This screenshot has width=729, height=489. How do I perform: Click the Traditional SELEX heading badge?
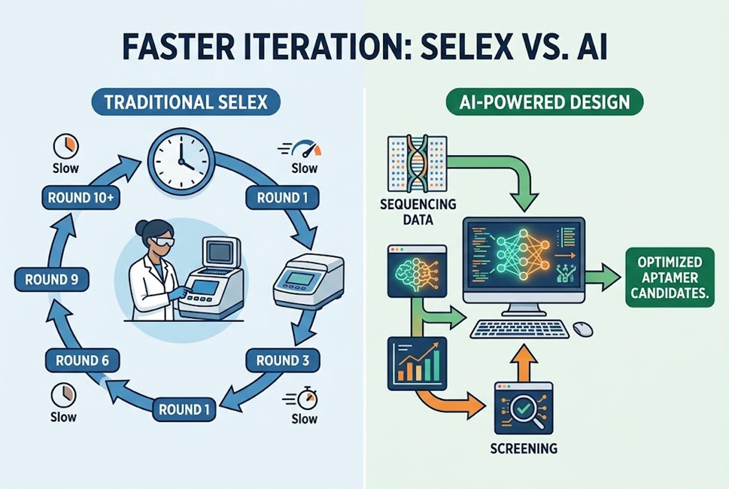[x=185, y=101]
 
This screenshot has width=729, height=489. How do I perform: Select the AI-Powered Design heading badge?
[x=544, y=101]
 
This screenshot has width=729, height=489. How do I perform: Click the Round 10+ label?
[x=81, y=198]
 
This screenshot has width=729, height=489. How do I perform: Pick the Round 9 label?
[x=51, y=279]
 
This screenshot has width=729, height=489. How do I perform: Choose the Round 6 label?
[x=82, y=360]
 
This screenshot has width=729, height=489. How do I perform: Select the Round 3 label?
[x=282, y=360]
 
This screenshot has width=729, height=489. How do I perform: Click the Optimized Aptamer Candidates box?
[x=669, y=277]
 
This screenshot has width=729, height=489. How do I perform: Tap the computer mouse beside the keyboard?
[x=582, y=329]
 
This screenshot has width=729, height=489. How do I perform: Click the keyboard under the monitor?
[x=519, y=329]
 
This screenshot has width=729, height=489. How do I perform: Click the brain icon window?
[x=416, y=272]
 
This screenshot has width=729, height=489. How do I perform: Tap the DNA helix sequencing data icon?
[x=416, y=163]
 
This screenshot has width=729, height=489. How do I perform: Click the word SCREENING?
[x=524, y=448]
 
